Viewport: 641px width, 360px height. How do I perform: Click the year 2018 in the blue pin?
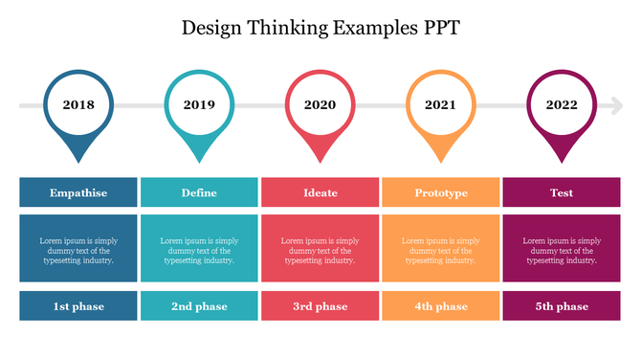(x=78, y=105)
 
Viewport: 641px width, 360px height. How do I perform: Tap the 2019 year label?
(x=199, y=105)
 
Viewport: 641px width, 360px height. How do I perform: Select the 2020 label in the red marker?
(x=320, y=105)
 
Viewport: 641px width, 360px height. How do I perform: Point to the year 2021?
(x=440, y=105)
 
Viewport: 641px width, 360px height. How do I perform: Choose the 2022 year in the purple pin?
(x=562, y=105)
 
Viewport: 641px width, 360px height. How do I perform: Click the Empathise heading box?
(x=78, y=192)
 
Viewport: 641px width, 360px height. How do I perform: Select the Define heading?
(x=199, y=192)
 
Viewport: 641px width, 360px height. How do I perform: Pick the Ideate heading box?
(x=320, y=192)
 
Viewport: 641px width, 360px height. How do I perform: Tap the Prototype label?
(x=440, y=192)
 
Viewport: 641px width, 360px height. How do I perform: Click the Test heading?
(x=562, y=192)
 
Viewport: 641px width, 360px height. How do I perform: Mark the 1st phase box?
(x=78, y=306)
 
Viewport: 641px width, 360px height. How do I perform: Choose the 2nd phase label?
(x=199, y=306)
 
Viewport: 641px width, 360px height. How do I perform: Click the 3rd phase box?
(x=320, y=306)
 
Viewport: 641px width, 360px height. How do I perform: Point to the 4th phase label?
(x=440, y=306)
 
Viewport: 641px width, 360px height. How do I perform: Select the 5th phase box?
(x=562, y=306)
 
